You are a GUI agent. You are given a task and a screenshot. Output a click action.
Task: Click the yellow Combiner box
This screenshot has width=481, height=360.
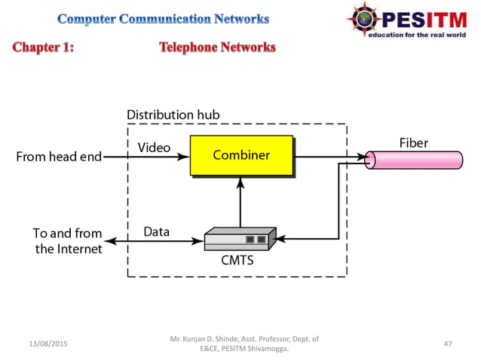(x=241, y=156)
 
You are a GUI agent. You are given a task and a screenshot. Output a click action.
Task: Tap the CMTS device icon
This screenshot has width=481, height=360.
(x=240, y=240)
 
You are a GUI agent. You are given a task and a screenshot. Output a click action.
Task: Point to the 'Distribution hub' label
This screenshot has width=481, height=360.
(x=173, y=114)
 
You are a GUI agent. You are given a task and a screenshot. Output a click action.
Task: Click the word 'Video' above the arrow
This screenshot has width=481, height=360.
(x=154, y=146)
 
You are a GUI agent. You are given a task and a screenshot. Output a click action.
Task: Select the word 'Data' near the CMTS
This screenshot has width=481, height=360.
(x=156, y=231)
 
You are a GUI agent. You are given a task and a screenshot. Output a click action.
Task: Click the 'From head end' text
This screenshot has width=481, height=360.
(x=59, y=157)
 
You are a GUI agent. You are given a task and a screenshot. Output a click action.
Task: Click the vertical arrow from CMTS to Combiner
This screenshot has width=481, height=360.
(x=240, y=203)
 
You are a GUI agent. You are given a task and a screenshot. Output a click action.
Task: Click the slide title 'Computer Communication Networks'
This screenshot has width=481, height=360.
(x=162, y=19)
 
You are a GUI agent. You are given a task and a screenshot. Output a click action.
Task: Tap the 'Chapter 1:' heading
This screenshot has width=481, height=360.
(x=43, y=47)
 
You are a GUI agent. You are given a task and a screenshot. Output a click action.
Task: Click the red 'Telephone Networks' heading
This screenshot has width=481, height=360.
(x=217, y=47)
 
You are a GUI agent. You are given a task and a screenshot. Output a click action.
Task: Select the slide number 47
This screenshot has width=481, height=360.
(x=448, y=343)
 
